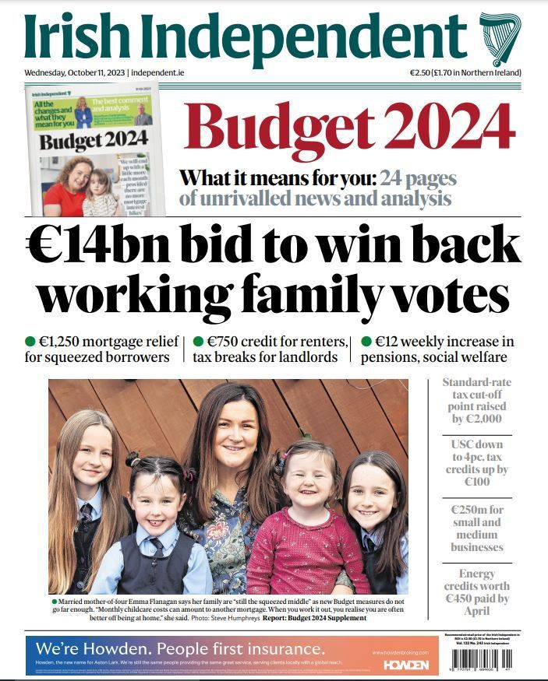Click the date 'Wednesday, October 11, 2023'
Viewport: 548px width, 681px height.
(x=74, y=72)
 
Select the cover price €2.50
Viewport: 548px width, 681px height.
(x=424, y=72)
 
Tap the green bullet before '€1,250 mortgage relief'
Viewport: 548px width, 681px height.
(x=30, y=341)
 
